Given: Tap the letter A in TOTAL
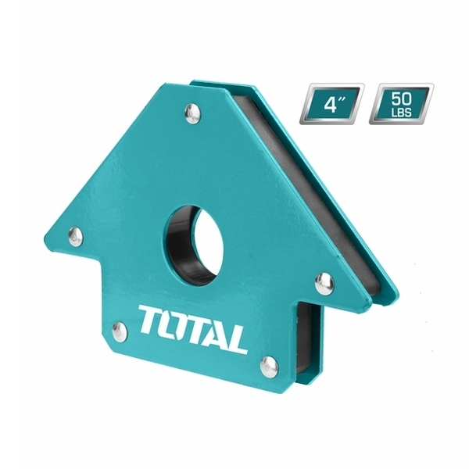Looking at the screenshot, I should tap(213, 329).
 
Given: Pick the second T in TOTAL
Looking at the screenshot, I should tap(192, 324).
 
